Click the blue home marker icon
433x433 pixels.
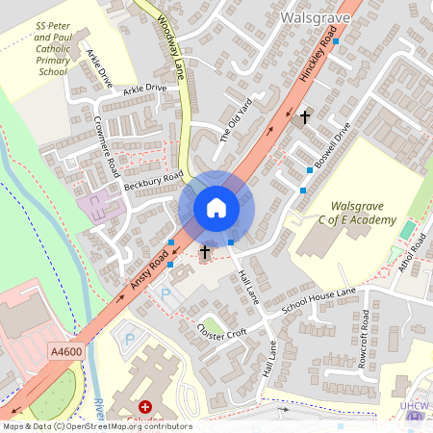point(216,208)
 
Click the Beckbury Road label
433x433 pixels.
point(159,180)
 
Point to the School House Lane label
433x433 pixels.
point(318,302)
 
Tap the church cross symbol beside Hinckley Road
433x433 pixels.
point(306,117)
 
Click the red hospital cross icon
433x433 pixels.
point(146,408)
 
